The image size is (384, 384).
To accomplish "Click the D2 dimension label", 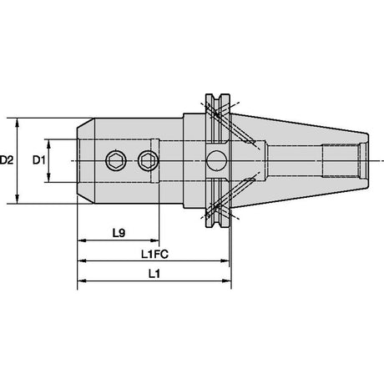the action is [x=7, y=160].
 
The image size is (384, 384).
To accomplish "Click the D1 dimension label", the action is [x=39, y=160].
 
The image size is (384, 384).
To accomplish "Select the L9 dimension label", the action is [x=119, y=233].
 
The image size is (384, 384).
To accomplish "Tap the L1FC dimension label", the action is [x=154, y=254].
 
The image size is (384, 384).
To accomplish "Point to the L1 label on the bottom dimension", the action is [x=154, y=274].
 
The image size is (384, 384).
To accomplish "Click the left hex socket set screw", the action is [x=116, y=160].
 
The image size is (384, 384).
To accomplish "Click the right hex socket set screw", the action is [x=148, y=160].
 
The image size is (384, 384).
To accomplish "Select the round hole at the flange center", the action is [x=216, y=160].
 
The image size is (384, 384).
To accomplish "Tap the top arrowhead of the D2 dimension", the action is [x=18, y=123].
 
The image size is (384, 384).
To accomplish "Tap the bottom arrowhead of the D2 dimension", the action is [x=18, y=199].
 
